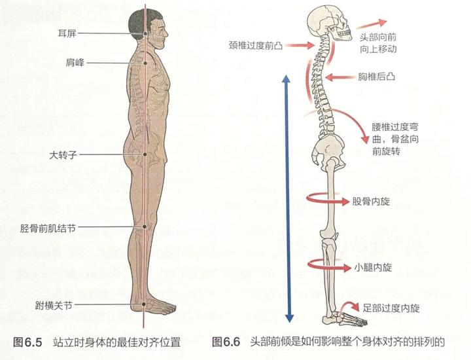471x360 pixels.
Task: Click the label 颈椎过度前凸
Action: (256, 46)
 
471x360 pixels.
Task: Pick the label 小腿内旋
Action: (374, 267)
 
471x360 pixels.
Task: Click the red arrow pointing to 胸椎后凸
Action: (340, 77)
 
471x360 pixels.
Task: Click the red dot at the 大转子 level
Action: (145, 155)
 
